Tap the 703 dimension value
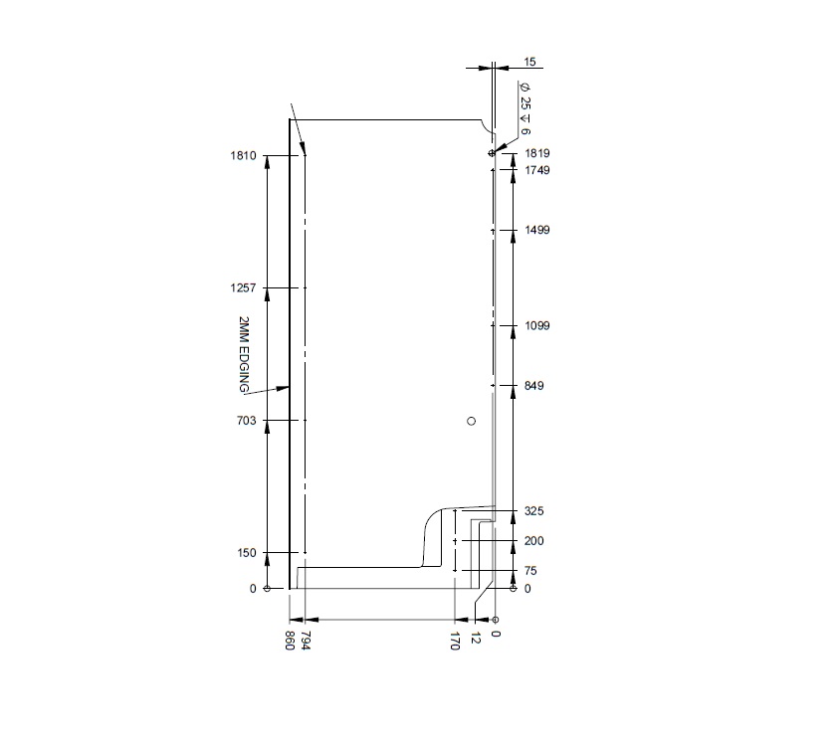pos(247,421)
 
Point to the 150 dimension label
pos(247,553)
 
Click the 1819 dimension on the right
pos(537,154)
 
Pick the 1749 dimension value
pos(537,171)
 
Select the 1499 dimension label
pos(537,231)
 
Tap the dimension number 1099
pos(537,326)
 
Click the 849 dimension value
pos(534,386)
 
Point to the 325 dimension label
pos(534,511)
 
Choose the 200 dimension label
pos(534,541)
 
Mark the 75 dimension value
pos(531,571)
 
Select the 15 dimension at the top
pos(529,62)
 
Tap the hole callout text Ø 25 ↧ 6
pos(524,109)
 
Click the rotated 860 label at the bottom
pos(291,640)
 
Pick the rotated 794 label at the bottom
pos(305,640)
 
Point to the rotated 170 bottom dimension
pos(455,640)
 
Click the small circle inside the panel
pos(472,422)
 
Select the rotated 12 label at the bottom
pos(476,637)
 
